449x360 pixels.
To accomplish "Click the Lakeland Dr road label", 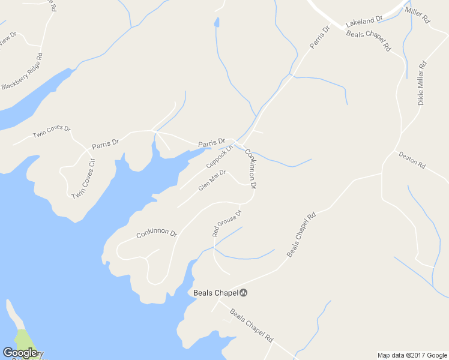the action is [364, 20].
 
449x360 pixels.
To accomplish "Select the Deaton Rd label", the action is [412, 159].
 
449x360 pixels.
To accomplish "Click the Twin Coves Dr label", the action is [52, 131].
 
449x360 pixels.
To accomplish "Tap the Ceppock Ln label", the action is [218, 157].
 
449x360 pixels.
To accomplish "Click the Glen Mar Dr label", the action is [212, 181].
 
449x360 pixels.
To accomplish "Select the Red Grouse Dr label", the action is [227, 223].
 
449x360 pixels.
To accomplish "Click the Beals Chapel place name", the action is [215, 293].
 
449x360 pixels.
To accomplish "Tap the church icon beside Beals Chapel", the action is [244, 293].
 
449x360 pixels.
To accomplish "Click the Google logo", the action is [20, 352].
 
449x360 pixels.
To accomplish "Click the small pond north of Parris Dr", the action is [216, 23].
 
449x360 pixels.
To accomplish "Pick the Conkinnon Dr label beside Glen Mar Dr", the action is [250, 170].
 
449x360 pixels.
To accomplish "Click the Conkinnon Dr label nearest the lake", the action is [156, 233].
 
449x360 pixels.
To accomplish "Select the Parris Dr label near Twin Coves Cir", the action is [106, 144].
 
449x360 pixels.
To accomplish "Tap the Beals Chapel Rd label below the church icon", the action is [252, 325].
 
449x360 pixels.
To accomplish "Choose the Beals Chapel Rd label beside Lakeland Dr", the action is [369, 40].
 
